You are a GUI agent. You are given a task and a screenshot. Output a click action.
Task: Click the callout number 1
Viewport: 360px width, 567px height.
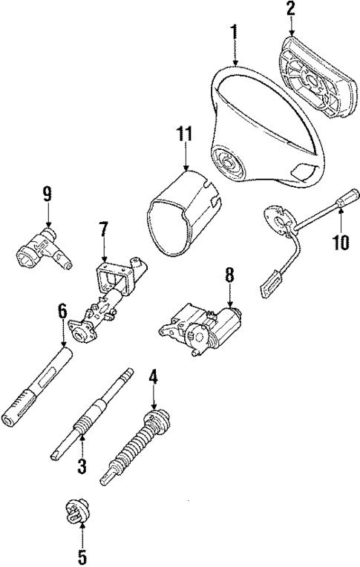[x=235, y=32]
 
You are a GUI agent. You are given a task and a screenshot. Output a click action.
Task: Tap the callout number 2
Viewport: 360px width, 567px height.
[x=291, y=10]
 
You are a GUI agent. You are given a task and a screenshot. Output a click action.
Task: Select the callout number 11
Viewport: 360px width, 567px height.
[x=184, y=134]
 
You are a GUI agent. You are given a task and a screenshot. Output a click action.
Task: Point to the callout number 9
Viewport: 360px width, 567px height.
[x=47, y=195]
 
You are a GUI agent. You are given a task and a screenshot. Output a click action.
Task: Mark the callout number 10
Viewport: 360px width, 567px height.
[x=341, y=242]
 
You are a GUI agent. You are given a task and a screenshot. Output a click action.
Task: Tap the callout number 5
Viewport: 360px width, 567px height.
[x=82, y=554]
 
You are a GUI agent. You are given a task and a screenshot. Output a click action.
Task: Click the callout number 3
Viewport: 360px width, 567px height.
[x=82, y=466]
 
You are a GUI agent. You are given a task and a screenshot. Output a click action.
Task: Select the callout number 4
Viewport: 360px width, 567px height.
[x=153, y=377]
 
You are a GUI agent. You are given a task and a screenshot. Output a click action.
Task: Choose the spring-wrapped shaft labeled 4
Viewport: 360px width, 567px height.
[x=137, y=446]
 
